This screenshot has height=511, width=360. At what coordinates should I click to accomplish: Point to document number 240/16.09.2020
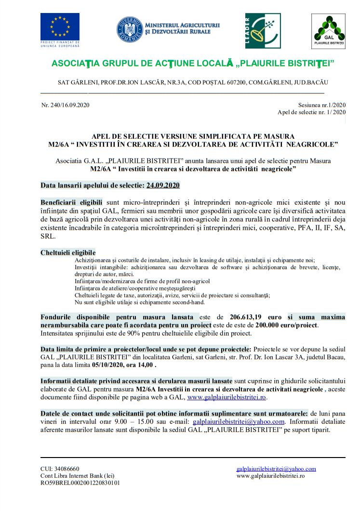click(x=66, y=105)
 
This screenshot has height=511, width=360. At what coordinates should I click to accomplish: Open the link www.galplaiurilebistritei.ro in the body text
click(x=227, y=397)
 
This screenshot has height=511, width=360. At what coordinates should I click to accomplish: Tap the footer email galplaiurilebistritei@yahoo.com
click(x=276, y=469)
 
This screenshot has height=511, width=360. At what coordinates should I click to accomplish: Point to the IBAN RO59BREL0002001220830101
click(x=80, y=483)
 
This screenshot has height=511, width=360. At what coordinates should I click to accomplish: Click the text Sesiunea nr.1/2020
click(x=322, y=105)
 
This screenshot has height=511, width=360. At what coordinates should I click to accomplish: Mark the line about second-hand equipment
click(x=139, y=302)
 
